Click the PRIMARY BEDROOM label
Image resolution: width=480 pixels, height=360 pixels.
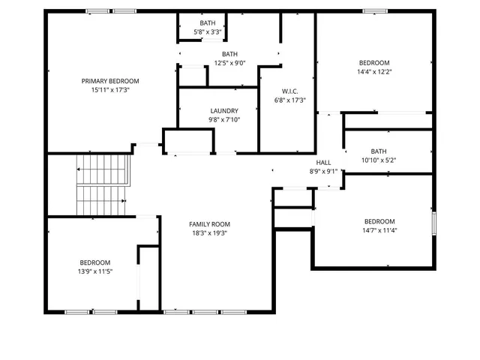tap(110, 81)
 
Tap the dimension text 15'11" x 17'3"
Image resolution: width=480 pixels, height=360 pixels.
tap(110, 90)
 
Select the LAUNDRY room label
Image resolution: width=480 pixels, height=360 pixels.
tap(223, 111)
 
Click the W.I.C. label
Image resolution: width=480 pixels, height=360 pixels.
tap(289, 91)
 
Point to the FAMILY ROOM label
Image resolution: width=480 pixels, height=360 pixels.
tap(209, 224)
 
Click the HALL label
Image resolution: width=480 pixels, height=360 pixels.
tap(323, 163)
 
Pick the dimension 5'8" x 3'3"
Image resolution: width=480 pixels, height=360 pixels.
tap(207, 32)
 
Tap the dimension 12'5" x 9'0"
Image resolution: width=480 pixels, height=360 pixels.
tap(229, 63)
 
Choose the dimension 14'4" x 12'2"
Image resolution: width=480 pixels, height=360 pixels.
tap(374, 72)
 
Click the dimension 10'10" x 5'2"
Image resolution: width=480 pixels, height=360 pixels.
tap(379, 160)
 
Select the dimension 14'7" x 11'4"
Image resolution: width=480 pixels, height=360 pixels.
tap(379, 230)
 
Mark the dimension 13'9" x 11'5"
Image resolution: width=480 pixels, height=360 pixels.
tap(95, 271)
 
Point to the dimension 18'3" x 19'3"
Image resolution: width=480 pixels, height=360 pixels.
tap(209, 233)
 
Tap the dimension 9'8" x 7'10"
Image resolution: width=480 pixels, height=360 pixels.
tap(223, 120)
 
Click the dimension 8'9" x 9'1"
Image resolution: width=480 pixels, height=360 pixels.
tap(323, 171)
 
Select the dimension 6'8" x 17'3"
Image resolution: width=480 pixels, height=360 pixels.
tap(289, 100)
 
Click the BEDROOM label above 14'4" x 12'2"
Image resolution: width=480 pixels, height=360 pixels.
tap(374, 63)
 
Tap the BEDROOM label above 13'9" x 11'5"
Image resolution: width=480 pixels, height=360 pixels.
tap(95, 262)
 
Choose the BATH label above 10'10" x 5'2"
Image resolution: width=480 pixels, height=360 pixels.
tap(379, 151)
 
